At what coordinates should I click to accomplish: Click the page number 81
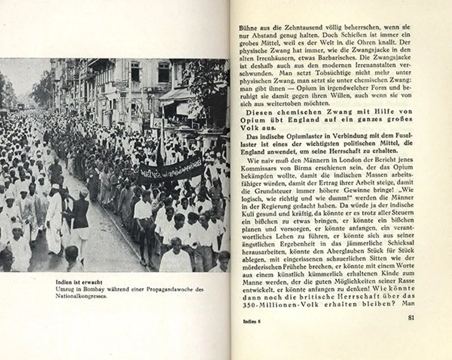tap(411, 317)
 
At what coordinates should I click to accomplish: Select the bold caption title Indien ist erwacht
tap(79, 282)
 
